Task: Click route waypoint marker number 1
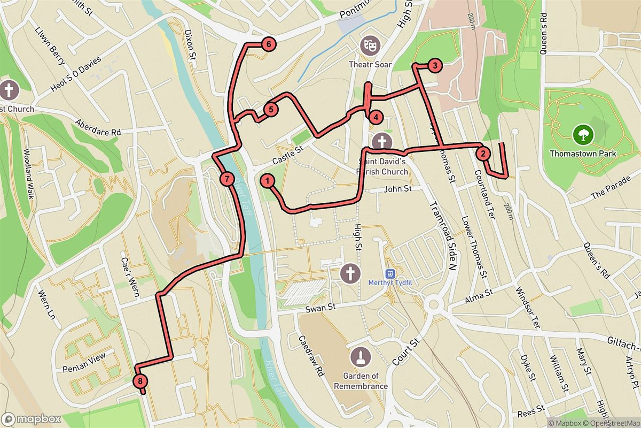point(268,181)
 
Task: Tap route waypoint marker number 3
point(435,66)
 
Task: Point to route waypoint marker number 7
point(226,178)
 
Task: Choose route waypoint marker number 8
point(139,381)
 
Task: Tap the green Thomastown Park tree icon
point(583,134)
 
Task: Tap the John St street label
point(398,188)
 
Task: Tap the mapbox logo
point(31,419)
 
